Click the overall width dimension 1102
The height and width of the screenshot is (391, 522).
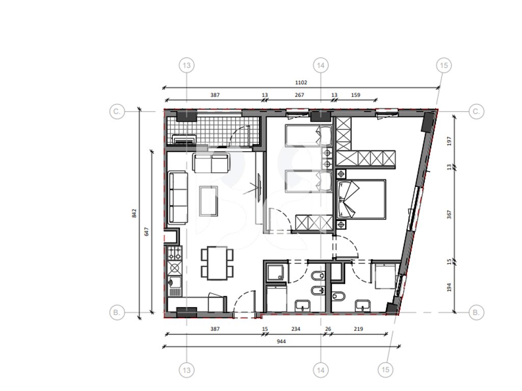click(x=301, y=82)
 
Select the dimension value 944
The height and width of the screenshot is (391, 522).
click(x=281, y=341)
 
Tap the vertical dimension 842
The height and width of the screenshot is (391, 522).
click(x=134, y=213)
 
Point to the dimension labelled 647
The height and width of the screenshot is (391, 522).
click(x=146, y=232)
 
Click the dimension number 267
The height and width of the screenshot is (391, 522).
click(x=299, y=95)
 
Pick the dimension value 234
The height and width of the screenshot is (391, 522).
click(x=296, y=329)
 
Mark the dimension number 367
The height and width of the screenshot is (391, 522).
click(x=450, y=214)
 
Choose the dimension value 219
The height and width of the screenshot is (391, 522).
click(x=358, y=329)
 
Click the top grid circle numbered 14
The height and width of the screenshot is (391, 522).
click(x=321, y=66)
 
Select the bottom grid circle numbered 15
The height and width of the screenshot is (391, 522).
click(x=385, y=370)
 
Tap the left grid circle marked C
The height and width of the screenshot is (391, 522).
click(x=117, y=111)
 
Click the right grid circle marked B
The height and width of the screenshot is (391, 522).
click(x=476, y=313)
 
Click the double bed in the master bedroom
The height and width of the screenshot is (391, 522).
click(x=361, y=200)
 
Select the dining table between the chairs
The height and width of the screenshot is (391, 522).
click(x=217, y=263)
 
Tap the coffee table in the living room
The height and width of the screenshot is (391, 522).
click(x=208, y=201)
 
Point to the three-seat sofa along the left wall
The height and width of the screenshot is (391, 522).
click(x=178, y=198)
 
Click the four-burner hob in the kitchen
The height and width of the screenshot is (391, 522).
click(x=175, y=253)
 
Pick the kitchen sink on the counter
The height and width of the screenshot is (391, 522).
click(x=174, y=283)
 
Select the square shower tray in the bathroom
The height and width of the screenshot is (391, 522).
click(x=276, y=273)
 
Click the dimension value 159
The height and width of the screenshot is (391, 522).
click(x=355, y=95)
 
